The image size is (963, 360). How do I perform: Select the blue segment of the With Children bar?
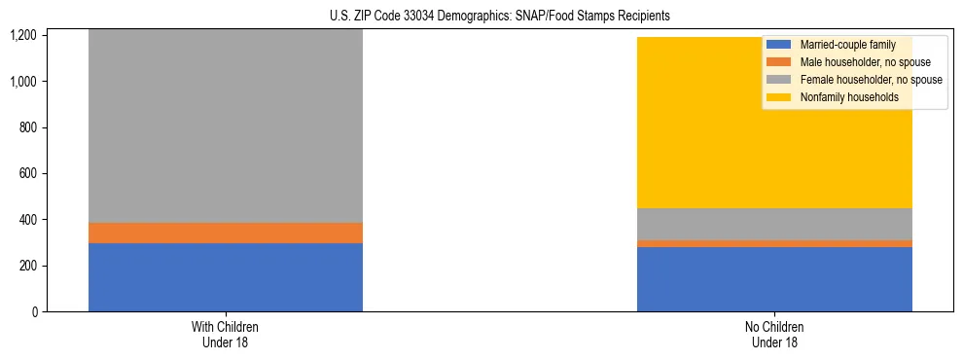tap(226, 277)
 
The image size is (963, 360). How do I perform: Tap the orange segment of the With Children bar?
tap(226, 233)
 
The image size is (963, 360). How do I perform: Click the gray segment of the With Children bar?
tap(226, 126)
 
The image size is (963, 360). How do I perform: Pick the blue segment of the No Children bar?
tap(774, 279)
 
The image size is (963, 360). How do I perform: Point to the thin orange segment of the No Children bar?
tap(774, 243)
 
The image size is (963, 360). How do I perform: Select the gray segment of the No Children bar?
tap(774, 224)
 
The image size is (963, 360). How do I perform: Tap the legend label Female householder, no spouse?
tap(870, 80)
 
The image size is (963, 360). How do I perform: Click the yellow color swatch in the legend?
tap(779, 97)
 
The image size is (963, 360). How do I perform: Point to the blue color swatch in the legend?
tap(779, 45)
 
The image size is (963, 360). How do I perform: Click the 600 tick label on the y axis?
tap(28, 174)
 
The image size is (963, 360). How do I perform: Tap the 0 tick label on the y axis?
tap(34, 312)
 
